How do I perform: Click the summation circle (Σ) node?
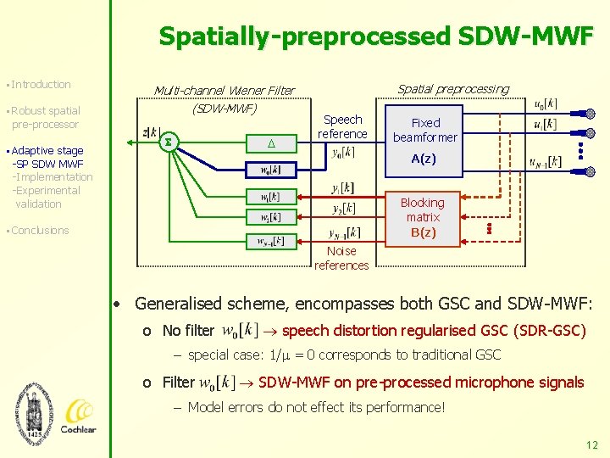pyautogui.click(x=167, y=142)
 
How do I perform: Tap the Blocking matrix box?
pyautogui.click(x=423, y=217)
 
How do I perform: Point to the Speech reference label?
pyautogui.click(x=342, y=127)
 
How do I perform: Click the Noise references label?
pyautogui.click(x=341, y=258)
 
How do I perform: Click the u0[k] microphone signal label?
pyautogui.click(x=546, y=104)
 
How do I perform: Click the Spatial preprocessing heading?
pyautogui.click(x=453, y=89)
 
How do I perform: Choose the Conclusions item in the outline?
pyautogui.click(x=41, y=230)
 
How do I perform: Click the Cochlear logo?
pyautogui.click(x=78, y=416)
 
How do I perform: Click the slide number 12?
pyautogui.click(x=591, y=444)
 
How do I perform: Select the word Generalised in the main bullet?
pyautogui.click(x=175, y=303)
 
